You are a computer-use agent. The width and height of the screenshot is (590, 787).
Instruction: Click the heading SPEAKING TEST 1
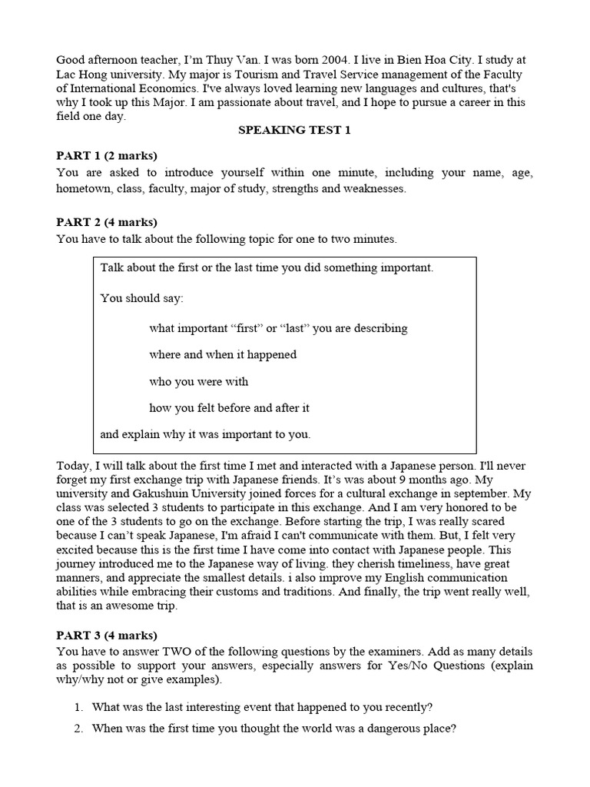[x=294, y=130]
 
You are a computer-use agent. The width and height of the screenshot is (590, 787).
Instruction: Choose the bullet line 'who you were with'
[x=198, y=381]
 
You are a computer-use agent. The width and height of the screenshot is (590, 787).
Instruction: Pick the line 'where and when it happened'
[x=223, y=354]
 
